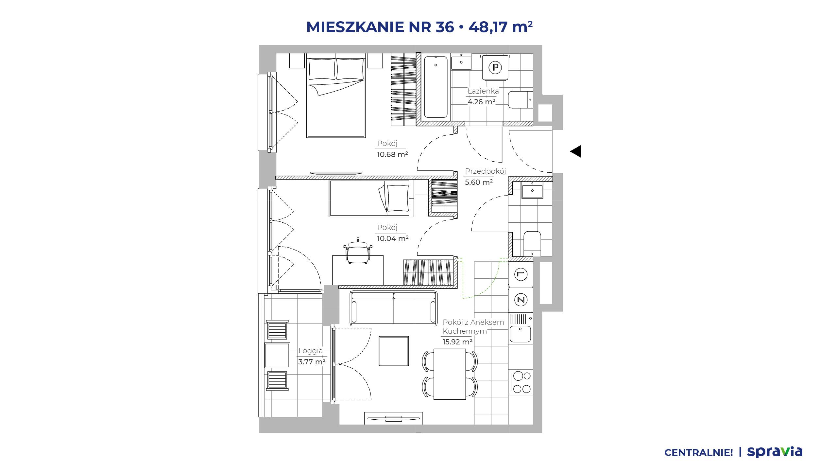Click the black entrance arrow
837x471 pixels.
coord(576,151)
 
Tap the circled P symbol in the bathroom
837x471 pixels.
coord(495,68)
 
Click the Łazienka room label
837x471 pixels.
coord(483,91)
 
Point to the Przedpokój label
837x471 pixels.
coord(486,171)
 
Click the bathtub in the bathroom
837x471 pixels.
coord(436,87)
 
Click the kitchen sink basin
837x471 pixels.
coord(520,334)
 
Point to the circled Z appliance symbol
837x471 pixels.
coord(521,299)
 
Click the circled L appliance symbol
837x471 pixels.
coord(521,274)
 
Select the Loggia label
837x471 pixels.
coord(310,351)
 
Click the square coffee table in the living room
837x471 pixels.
coord(394,351)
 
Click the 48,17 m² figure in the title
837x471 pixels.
coord(501,27)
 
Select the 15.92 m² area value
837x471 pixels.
coord(457,342)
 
